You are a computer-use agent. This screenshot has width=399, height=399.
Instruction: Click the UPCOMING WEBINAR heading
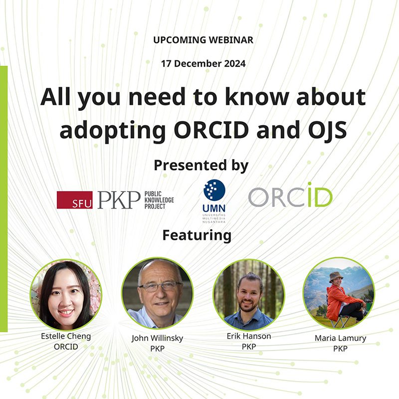point(203,40)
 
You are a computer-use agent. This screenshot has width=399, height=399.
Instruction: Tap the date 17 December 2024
point(203,63)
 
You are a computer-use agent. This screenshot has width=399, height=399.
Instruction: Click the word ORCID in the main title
point(211,130)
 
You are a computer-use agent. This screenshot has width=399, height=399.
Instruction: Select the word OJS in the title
point(328,130)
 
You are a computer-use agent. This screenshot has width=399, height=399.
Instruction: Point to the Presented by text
point(201,166)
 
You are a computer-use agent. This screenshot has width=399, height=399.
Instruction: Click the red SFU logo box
point(74,200)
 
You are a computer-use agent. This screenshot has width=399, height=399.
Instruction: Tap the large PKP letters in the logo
point(119,200)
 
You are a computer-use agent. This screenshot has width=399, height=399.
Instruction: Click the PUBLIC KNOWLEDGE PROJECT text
point(159,200)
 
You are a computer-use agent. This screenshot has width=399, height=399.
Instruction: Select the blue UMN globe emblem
point(214,190)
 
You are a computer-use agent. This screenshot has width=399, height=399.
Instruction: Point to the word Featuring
point(197,235)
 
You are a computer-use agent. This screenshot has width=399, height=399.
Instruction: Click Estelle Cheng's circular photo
point(66,295)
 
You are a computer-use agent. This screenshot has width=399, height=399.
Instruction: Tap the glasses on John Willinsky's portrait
point(160,286)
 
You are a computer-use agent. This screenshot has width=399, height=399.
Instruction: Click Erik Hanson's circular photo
point(248,295)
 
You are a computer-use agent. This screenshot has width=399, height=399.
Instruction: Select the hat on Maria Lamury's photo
point(336,277)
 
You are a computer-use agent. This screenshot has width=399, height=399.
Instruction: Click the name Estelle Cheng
point(66,336)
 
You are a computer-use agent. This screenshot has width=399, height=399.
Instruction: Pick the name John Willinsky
point(157,339)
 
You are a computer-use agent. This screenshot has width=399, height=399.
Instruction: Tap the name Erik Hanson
point(249,336)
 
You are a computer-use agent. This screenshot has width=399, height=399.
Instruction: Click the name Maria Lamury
point(341,339)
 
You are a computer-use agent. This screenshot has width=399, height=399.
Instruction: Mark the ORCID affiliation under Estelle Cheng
point(66,347)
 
